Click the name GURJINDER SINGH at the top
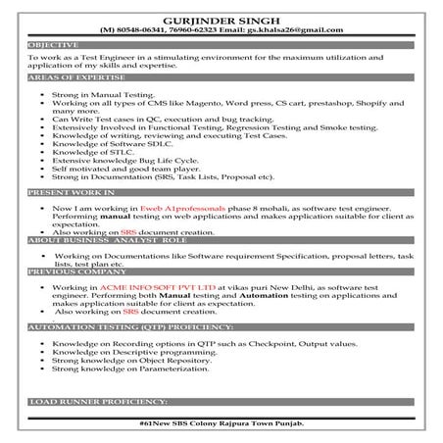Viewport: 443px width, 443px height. [221, 17]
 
